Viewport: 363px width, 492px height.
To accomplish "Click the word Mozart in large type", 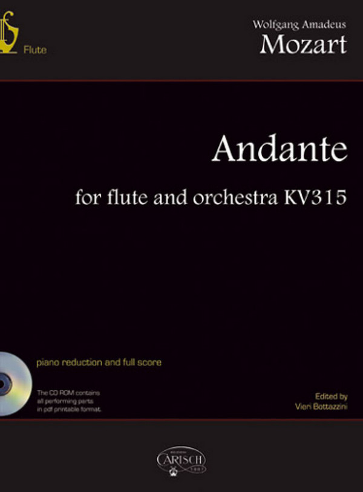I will (x=304, y=45).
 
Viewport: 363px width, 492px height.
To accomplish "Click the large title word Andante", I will (x=279, y=149).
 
